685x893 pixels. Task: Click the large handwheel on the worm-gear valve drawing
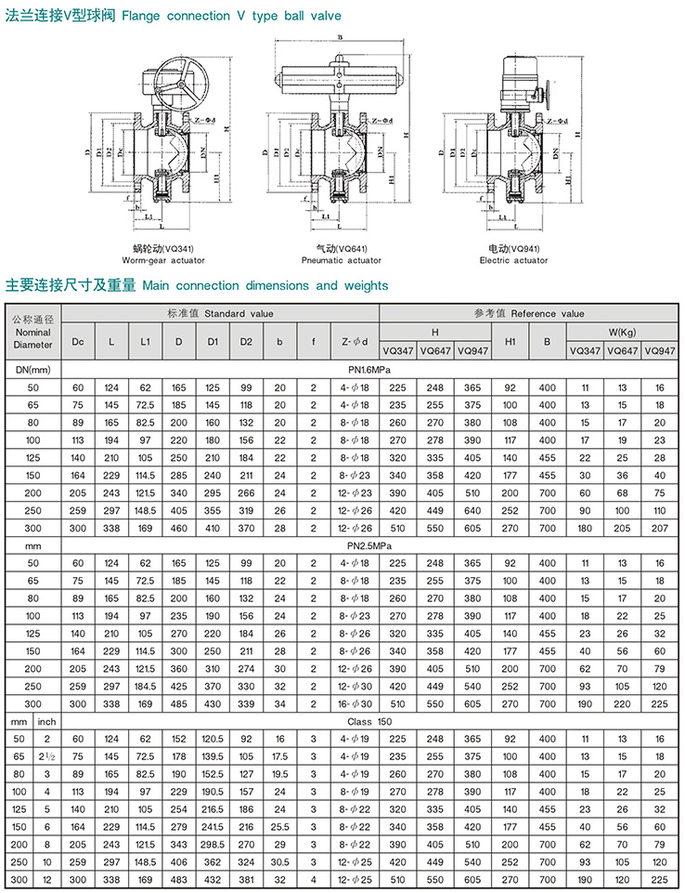(181, 85)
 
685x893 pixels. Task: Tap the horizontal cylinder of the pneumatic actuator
(341, 82)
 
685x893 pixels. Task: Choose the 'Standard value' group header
(220, 314)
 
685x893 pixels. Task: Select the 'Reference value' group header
(529, 314)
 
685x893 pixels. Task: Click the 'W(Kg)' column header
(621, 332)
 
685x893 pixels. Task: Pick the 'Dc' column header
(78, 341)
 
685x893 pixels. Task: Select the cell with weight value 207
(659, 528)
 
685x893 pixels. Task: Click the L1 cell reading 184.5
(145, 686)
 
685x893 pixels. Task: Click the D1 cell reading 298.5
(212, 844)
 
